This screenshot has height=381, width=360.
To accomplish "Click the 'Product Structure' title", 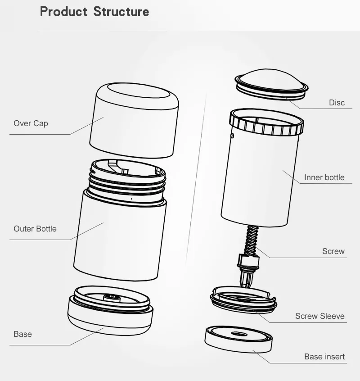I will click(94, 12).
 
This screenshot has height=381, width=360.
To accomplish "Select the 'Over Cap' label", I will click(31, 123).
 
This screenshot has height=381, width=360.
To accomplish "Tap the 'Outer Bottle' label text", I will click(35, 229).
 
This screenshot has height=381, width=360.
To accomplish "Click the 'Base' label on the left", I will click(22, 334).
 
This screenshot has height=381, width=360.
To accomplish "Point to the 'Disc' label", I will click(337, 103).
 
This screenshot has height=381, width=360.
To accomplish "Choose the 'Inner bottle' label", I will click(324, 177).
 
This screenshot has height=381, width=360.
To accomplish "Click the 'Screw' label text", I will click(333, 251).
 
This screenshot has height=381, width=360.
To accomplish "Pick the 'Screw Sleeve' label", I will click(319, 316).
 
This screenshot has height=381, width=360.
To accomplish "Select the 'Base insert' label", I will click(324, 357).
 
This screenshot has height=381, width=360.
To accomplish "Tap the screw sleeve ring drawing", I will click(243, 299).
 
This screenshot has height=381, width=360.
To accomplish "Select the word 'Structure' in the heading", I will click(121, 12).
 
